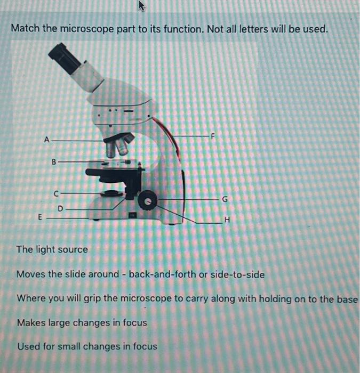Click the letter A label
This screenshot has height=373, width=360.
coord(47,140)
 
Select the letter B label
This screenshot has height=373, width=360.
coord(53,160)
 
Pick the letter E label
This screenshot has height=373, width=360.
coord(39,217)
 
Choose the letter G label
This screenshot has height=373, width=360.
coord(225,199)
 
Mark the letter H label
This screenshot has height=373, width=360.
coord(228,220)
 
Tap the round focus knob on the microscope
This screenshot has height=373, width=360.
coord(147,201)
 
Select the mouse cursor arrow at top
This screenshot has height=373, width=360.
coord(142,6)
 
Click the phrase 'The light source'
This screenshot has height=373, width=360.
coord(52,249)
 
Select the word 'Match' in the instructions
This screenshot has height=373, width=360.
coord(25,28)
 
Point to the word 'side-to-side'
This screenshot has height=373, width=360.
coord(237,274)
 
